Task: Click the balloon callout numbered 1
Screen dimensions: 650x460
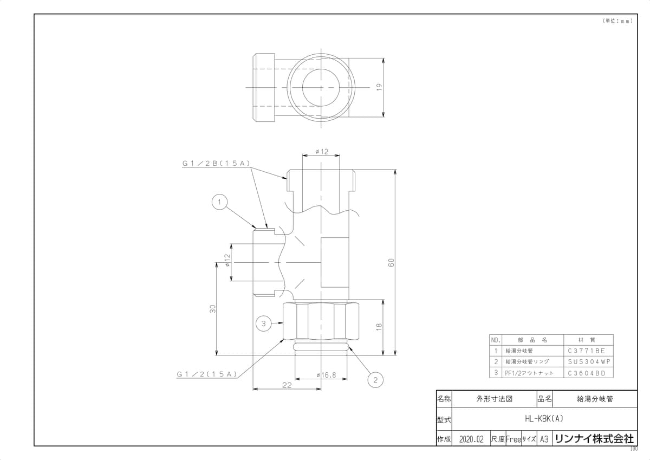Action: tap(219, 202)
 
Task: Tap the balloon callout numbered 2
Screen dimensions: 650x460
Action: tap(375, 380)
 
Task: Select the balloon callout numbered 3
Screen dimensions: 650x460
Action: tap(263, 323)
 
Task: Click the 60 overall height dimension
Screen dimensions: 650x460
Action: tap(391, 262)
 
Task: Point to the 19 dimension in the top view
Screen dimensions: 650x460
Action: tap(379, 87)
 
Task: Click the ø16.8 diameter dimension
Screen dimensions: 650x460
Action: tap(326, 375)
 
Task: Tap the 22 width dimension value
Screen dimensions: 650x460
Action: tap(287, 385)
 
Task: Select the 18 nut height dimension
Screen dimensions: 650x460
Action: tap(379, 327)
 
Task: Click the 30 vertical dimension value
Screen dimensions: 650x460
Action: tap(213, 309)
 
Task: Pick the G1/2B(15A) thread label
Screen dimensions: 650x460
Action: tap(216, 164)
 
